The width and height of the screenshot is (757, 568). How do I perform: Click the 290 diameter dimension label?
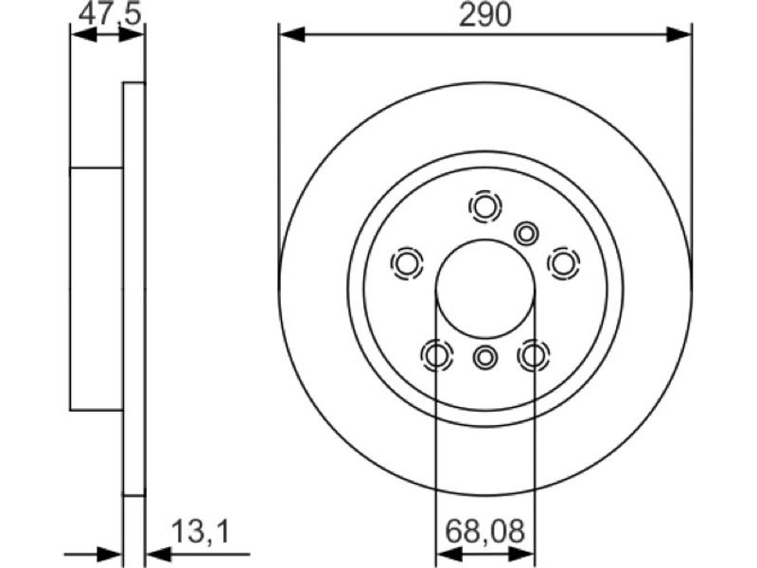click(x=484, y=15)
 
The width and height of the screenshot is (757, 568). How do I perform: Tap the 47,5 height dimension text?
click(x=110, y=14)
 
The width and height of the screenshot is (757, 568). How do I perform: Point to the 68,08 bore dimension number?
click(x=484, y=532)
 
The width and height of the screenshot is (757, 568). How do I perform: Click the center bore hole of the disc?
click(x=485, y=290)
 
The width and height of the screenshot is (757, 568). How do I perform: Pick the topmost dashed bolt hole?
click(x=484, y=206)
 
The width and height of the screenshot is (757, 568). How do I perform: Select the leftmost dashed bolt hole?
click(x=407, y=264)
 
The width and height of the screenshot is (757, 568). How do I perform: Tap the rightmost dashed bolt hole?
click(x=563, y=263)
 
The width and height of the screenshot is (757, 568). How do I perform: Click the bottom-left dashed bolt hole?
click(x=436, y=356)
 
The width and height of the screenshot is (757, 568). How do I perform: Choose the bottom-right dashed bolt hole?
click(x=534, y=356)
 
